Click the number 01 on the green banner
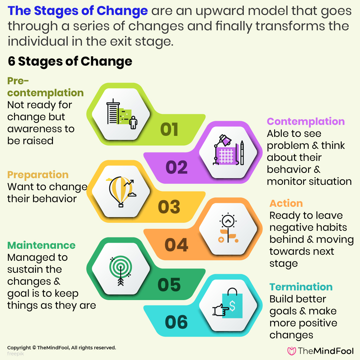tap(169, 130)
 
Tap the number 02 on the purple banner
tap(177, 168)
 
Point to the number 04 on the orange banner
tap(177, 245)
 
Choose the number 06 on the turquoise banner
tap(177, 322)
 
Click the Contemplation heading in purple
tap(306, 122)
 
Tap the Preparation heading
tap(38, 175)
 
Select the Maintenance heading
tap(42, 245)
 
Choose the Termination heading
tap(301, 287)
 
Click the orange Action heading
tap(286, 203)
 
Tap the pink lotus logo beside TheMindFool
tap(292, 351)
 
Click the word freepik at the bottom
tap(15, 354)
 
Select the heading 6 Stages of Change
tap(70, 62)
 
